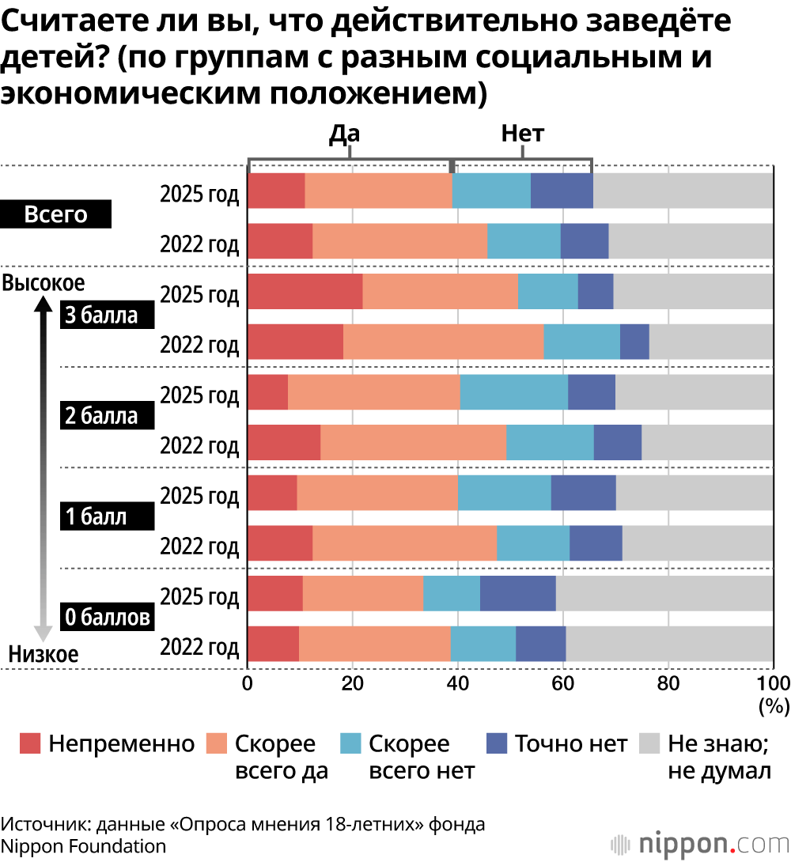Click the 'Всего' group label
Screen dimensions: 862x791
[55, 215]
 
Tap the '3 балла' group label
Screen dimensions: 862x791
[100, 316]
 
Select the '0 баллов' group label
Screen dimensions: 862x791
[107, 617]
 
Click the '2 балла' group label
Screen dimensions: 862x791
[100, 416]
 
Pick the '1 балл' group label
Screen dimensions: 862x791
[95, 516]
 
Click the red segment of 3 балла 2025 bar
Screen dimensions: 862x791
[305, 291]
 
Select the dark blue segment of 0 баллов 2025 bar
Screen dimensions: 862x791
[517, 593]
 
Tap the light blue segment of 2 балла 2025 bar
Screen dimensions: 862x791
[513, 391]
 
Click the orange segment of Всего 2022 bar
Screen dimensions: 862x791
[399, 240]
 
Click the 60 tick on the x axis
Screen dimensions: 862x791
[562, 683]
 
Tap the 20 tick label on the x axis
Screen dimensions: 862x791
[353, 683]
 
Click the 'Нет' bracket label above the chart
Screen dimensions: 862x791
[523, 134]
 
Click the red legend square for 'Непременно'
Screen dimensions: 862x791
[30, 743]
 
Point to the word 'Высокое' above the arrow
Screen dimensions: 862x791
[44, 282]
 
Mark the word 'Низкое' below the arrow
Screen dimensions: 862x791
[44, 654]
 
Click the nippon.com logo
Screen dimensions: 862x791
[704, 840]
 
